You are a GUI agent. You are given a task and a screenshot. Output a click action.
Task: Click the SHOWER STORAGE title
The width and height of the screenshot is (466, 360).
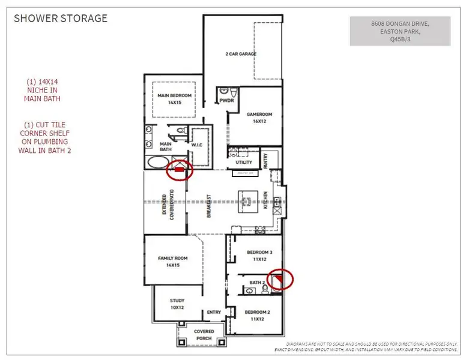[x=61, y=18]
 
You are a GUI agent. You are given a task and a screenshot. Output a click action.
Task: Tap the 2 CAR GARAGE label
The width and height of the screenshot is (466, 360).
[x=241, y=54]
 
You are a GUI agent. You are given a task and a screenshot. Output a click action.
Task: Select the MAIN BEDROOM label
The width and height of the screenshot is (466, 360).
[x=175, y=98]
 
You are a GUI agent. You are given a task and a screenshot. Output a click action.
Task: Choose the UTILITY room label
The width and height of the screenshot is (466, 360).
[x=244, y=163]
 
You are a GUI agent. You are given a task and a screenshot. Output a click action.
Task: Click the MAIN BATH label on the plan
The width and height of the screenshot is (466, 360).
[x=166, y=147]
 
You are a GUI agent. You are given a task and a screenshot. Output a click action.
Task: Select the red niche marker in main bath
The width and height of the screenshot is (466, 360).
[x=179, y=170]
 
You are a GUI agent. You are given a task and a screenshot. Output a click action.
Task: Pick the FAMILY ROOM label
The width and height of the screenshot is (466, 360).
[x=173, y=262]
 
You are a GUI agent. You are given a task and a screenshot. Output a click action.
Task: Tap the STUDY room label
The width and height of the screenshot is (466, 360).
[x=177, y=304]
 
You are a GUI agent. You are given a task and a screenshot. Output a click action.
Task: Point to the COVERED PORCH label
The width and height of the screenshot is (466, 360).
[x=204, y=334]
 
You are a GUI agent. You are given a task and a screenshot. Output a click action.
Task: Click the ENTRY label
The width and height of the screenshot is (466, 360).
[x=214, y=312]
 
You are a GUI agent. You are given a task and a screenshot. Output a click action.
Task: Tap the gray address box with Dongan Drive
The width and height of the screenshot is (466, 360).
[x=400, y=31]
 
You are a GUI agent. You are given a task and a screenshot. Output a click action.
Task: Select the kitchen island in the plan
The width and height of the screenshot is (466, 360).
[x=248, y=199]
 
